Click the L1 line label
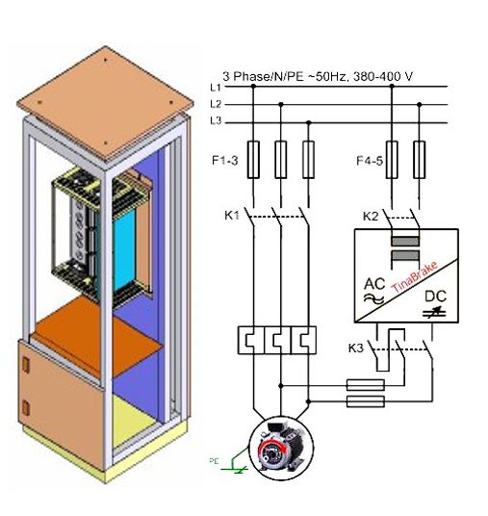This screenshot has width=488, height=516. tap(216, 88)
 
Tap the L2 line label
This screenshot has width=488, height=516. tap(216, 104)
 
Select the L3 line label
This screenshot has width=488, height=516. tap(216, 121)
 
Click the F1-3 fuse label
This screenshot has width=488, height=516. tap(225, 161)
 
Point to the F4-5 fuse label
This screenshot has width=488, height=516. tap(370, 161)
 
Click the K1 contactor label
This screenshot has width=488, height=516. tap(232, 216)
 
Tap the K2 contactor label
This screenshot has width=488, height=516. tap(371, 217)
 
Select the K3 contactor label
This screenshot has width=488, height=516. tap(356, 348)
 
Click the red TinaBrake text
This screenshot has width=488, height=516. tap(415, 276)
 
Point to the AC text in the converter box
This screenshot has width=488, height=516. tap(374, 284)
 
